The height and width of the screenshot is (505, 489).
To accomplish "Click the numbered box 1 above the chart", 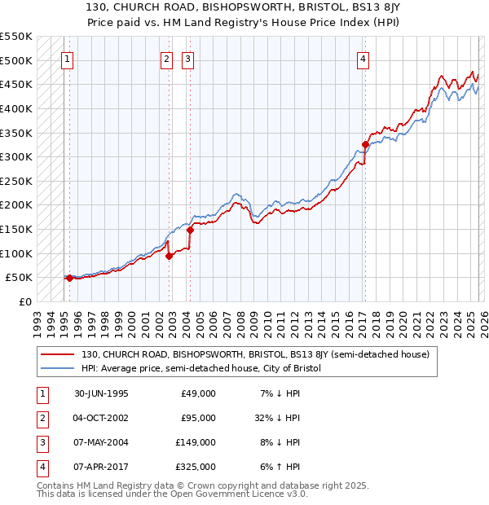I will [x=66, y=58].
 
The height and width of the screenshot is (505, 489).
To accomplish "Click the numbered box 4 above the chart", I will [x=363, y=58].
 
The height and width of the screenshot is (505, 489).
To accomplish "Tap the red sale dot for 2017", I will [x=365, y=145].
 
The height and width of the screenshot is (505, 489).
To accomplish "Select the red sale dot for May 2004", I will [x=191, y=230].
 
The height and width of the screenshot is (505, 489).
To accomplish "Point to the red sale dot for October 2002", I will [x=170, y=256].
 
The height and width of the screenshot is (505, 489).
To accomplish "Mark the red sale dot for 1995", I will [x=70, y=278].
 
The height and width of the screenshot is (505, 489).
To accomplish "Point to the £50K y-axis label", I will [x=19, y=278].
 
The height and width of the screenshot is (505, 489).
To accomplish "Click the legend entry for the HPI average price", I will [x=201, y=369].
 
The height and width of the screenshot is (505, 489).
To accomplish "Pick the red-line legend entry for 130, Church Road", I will [x=260, y=354].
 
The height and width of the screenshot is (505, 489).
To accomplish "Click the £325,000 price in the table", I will [x=198, y=467].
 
